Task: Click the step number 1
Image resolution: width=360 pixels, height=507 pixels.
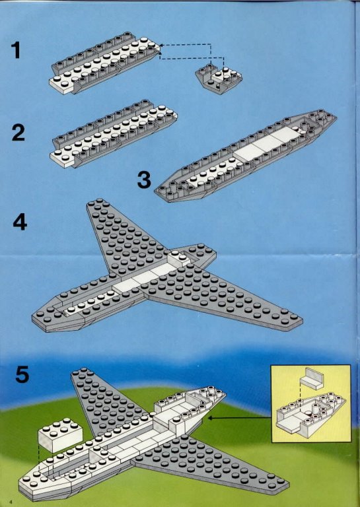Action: pos(16,50)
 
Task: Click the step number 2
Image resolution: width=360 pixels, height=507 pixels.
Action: pos(18,133)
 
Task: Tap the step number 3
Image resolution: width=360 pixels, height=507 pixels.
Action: pos(144,180)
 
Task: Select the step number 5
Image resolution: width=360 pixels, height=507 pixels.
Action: pos(22,374)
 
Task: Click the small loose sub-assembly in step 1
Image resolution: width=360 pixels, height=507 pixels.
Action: pos(219,79)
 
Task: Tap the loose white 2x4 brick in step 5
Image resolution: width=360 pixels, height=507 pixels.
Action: pos(61,435)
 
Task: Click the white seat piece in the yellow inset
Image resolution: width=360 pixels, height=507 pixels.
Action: pos(312,378)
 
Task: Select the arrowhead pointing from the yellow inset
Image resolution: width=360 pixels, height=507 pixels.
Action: pos(210,418)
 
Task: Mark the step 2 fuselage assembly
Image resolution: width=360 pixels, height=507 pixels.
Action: pos(114,133)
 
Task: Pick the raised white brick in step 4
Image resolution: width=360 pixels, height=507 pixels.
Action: pos(179,259)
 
